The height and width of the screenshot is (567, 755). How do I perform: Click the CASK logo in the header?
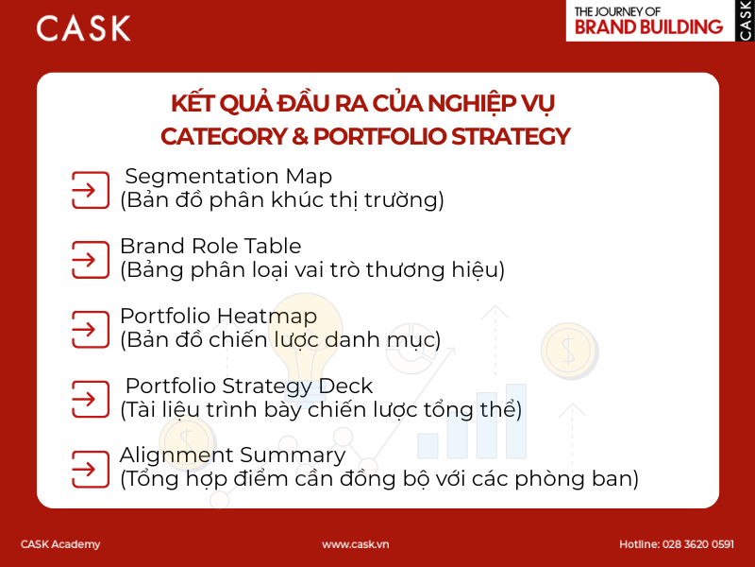pos(83,27)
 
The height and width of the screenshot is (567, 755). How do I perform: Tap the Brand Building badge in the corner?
pos(660,21)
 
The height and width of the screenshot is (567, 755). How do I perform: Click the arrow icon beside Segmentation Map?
pos(91,189)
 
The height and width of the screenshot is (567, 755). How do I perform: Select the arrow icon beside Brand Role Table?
pos(91,258)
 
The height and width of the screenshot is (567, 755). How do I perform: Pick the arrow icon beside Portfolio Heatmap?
pos(91,328)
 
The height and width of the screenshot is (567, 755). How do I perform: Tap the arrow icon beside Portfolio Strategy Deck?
pos(91,398)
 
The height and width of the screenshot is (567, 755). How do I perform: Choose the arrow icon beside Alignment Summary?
pos(91,468)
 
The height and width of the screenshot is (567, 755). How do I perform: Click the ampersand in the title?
pos(299,136)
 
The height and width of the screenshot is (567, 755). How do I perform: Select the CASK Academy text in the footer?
pos(60,544)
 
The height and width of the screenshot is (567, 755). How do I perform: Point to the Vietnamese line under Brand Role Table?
pos(312,269)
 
